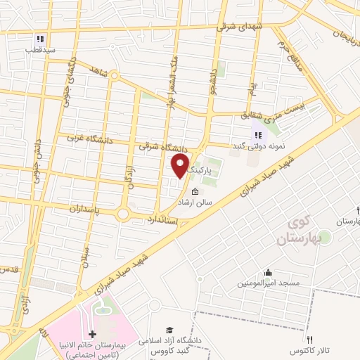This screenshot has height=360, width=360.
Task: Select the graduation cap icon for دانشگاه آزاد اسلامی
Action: [169, 330]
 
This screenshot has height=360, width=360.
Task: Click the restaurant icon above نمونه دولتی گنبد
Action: [258, 135]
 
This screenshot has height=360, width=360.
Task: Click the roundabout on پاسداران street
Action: [125, 212]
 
